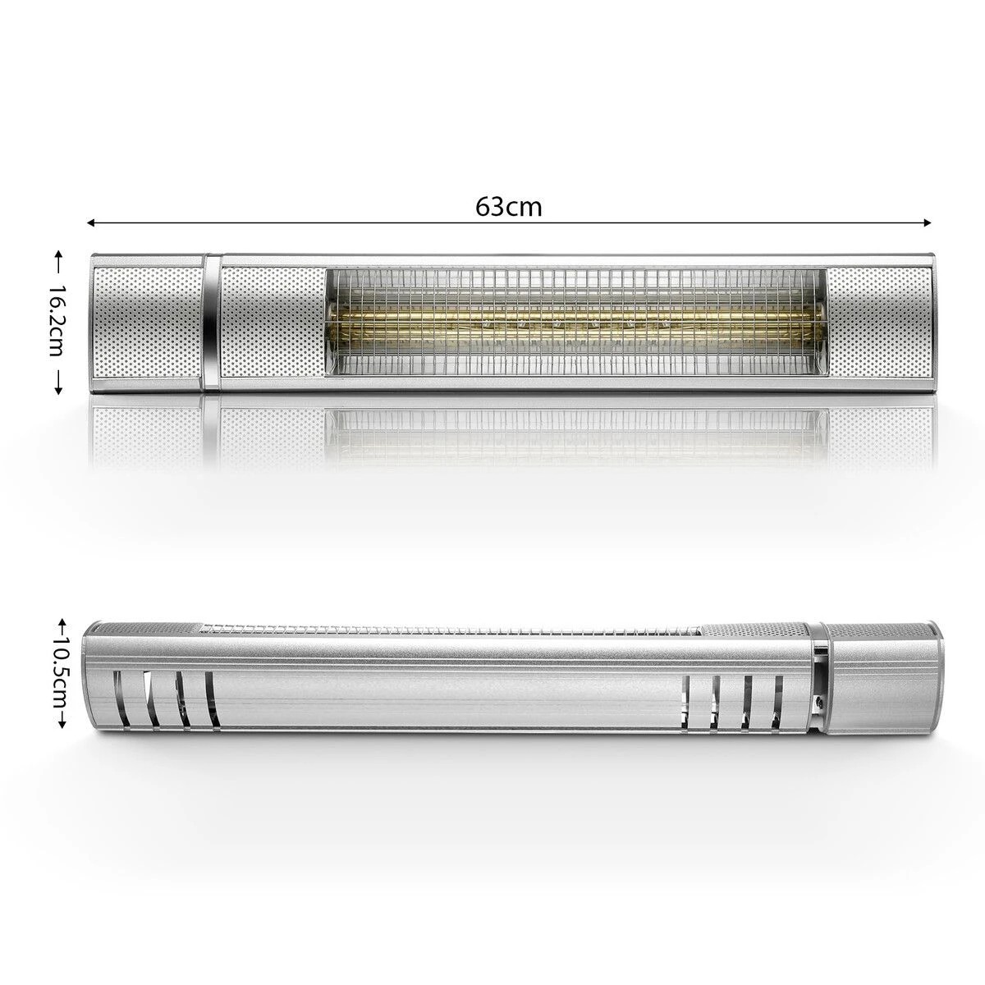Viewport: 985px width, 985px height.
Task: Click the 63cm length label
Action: pos(508,208)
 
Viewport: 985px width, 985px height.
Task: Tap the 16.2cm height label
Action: pos(57,323)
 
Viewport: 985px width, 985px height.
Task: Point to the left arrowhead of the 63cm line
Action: pos(92,222)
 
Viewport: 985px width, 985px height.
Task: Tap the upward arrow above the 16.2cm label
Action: pos(57,259)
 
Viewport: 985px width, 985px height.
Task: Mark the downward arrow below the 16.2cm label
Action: pos(57,386)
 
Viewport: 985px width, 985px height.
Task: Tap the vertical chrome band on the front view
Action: pos(212,323)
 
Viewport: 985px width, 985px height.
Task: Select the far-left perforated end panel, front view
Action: pos(148,323)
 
